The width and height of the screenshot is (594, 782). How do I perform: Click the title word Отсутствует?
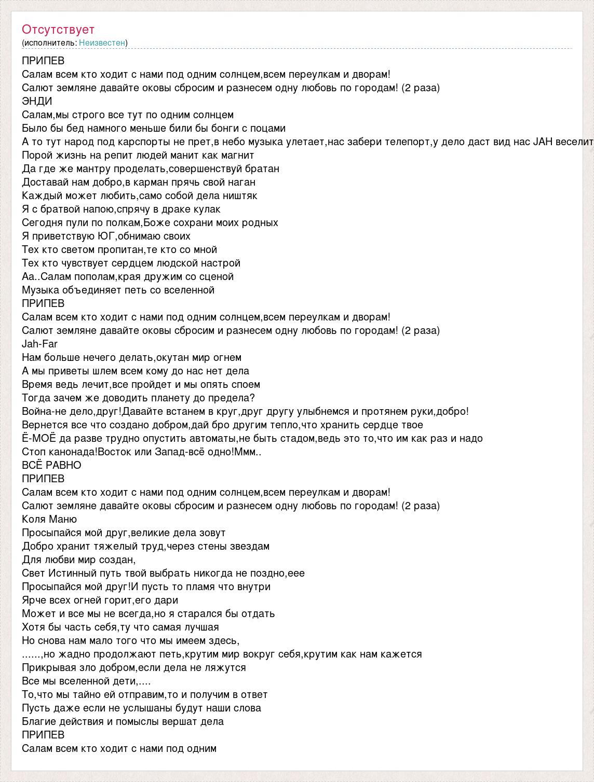(x=58, y=30)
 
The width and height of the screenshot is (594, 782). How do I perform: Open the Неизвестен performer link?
(x=102, y=43)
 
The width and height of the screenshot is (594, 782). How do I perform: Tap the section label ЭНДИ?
(x=37, y=101)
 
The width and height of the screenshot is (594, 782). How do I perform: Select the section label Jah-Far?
(x=39, y=344)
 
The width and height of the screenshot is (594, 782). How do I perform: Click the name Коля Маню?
(x=49, y=519)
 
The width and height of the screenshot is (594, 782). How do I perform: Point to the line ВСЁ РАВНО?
(x=51, y=465)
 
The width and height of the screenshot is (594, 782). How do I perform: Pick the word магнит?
(x=236, y=155)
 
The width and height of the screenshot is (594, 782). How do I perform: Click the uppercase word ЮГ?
(x=105, y=236)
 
